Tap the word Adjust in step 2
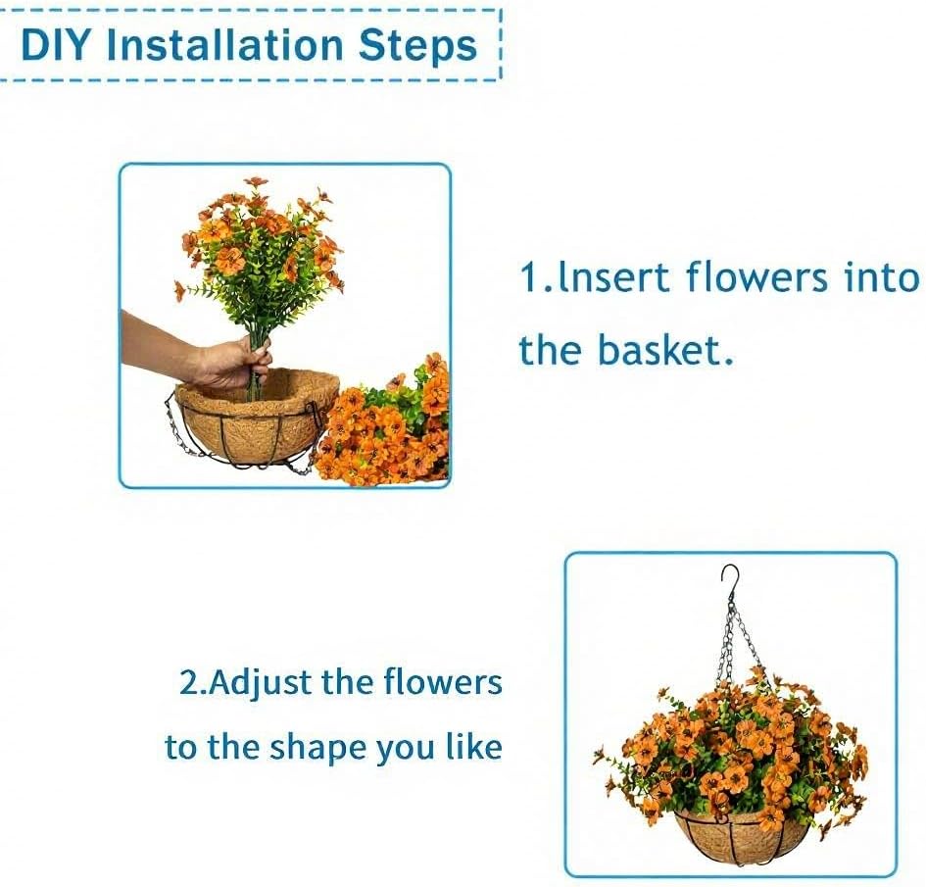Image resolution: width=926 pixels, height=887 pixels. (x=260, y=683)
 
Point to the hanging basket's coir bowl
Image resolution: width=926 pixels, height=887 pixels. (x=742, y=838)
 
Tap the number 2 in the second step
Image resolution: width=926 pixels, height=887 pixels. (x=189, y=683)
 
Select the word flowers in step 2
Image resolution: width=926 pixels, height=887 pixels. (x=442, y=683)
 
